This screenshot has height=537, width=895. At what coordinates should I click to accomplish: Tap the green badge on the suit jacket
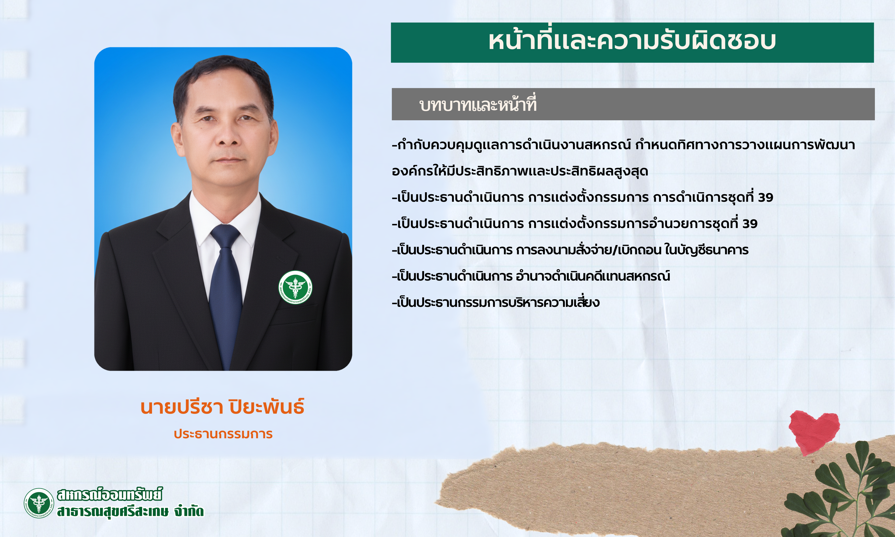tap(295, 287)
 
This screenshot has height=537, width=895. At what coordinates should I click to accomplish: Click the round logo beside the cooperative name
tap(39, 503)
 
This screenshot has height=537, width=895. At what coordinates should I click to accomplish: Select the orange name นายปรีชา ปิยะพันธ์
tap(222, 407)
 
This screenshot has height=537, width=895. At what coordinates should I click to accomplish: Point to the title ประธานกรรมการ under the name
tap(223, 434)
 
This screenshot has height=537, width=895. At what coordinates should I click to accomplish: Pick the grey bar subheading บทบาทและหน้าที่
tap(478, 105)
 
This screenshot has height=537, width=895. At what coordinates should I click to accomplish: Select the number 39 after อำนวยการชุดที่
tap(750, 224)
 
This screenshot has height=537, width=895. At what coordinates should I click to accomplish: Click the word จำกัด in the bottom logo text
tap(189, 511)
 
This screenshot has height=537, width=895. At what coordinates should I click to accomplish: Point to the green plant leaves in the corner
tap(843, 496)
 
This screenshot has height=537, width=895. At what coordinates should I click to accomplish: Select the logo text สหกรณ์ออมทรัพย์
tap(110, 495)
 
